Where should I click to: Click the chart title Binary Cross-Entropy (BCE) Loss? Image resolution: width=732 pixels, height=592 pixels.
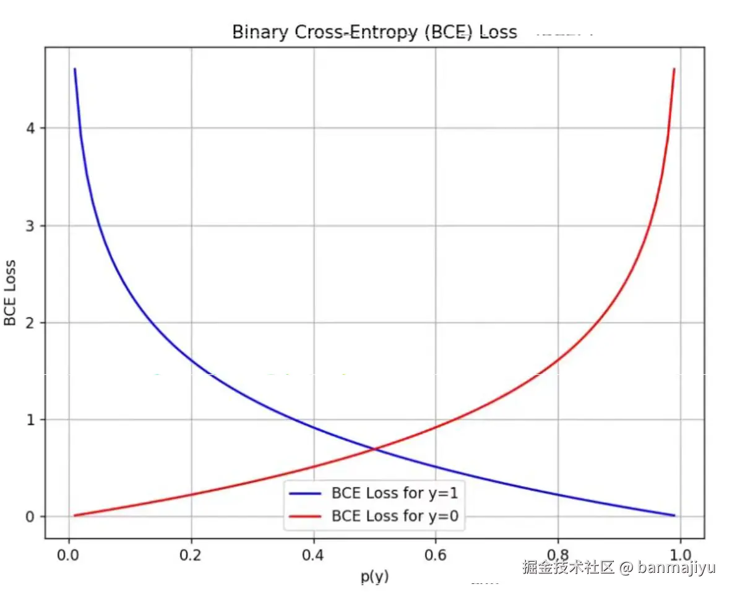pyautogui.click(x=374, y=32)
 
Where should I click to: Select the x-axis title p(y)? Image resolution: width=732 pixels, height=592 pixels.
pyautogui.click(x=375, y=576)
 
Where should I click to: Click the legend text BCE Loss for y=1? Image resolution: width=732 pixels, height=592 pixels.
pyautogui.click(x=395, y=493)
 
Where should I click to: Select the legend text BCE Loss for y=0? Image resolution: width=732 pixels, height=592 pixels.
pyautogui.click(x=395, y=515)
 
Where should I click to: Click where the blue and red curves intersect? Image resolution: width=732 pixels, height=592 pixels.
pyautogui.click(x=374, y=448)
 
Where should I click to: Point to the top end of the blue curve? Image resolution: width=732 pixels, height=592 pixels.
pyautogui.click(x=74, y=69)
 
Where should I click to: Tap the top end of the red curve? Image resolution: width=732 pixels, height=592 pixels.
pyautogui.click(x=674, y=69)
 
